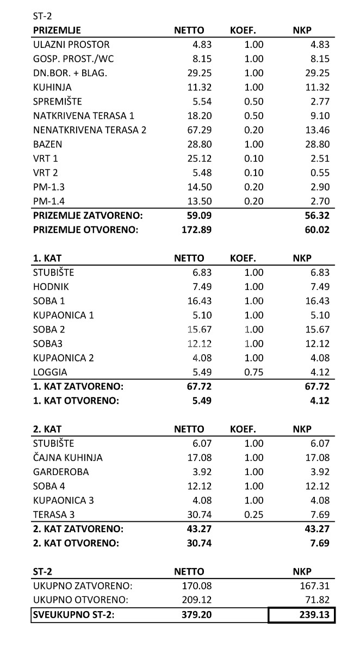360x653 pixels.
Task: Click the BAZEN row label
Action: (48, 144)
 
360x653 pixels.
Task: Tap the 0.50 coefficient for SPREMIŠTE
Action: (253, 101)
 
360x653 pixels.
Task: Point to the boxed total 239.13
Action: (302, 615)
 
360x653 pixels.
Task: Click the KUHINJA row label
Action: (52, 87)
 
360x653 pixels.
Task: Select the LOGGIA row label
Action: (50, 372)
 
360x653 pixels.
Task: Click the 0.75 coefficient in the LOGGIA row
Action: (253, 372)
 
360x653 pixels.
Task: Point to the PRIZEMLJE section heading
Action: (57, 30)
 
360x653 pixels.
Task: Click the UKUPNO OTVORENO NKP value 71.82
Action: (318, 600)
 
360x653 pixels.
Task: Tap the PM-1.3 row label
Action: (49, 187)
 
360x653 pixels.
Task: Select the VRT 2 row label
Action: (46, 173)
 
